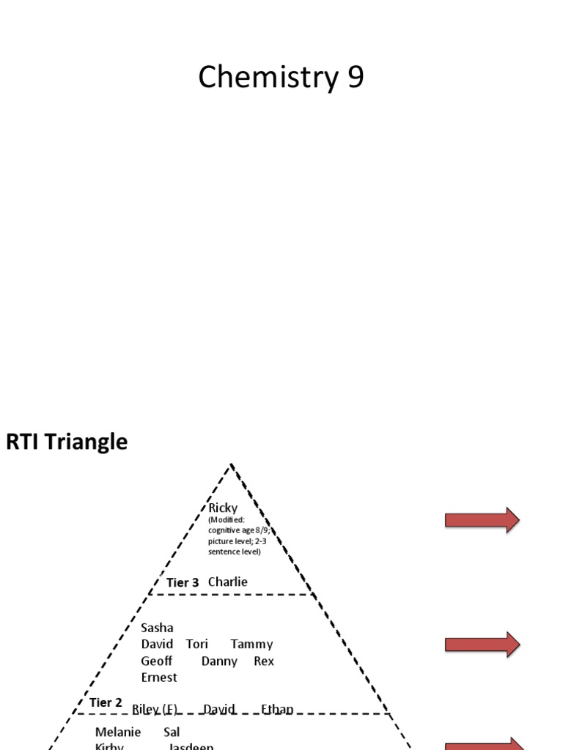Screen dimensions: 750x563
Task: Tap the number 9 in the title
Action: (x=355, y=78)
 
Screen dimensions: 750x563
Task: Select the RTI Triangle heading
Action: (x=67, y=442)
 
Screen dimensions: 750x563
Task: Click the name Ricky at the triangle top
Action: (x=223, y=508)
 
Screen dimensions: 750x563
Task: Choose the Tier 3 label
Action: (x=183, y=583)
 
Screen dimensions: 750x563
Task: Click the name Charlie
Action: (x=228, y=582)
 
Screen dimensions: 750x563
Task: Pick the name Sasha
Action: (x=157, y=628)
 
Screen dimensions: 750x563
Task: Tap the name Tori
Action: (x=197, y=645)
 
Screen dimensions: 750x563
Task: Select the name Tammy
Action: (x=251, y=645)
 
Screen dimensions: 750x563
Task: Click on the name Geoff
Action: (x=157, y=661)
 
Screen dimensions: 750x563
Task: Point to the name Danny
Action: (x=219, y=661)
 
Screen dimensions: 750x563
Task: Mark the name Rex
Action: (x=264, y=661)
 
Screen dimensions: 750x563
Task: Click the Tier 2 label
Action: (x=106, y=703)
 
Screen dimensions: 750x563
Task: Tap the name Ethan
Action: (x=277, y=709)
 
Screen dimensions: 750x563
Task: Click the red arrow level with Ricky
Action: (x=482, y=520)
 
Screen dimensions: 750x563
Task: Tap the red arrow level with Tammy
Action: (x=482, y=645)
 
